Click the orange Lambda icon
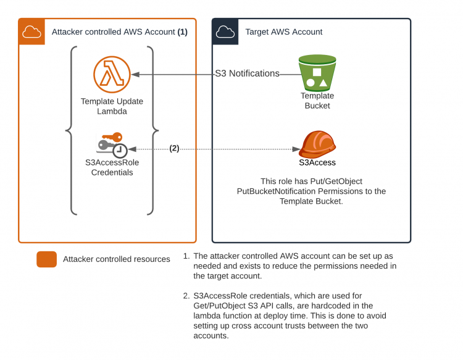pos(112,74)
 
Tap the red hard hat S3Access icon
pos(317,143)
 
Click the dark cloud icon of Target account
pos(226,31)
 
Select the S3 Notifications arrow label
pos(247,73)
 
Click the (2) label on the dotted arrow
pos(174,148)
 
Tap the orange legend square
pos(47,259)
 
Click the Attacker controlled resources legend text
pos(117,259)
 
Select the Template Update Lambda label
pos(112,106)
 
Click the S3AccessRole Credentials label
pos(112,168)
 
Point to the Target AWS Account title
pos(284,32)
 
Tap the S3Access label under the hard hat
pos(317,163)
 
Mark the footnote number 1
pos(186,256)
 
